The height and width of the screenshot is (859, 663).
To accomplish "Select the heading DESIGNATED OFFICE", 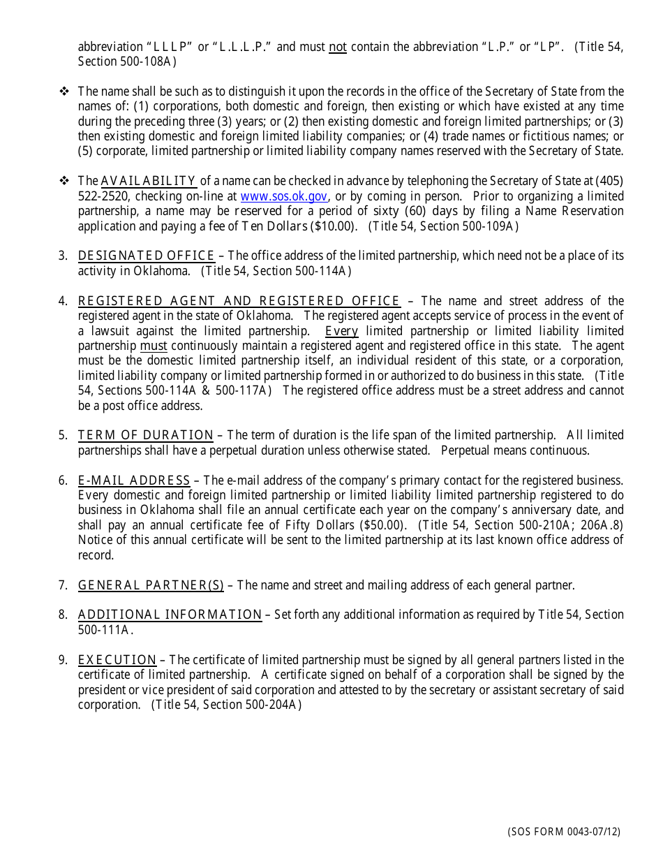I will (x=146, y=256).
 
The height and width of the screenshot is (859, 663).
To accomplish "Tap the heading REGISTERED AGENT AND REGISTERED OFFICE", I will (x=239, y=301).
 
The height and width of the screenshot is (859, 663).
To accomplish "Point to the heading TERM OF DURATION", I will (x=145, y=435).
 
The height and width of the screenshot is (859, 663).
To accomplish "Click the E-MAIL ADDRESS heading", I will (x=134, y=480).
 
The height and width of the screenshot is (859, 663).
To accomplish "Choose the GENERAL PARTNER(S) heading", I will (x=151, y=585).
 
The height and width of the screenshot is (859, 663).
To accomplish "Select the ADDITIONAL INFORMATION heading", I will (x=170, y=615).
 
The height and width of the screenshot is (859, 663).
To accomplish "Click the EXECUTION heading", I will (x=117, y=660).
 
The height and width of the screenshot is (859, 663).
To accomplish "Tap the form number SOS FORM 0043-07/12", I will (x=564, y=832).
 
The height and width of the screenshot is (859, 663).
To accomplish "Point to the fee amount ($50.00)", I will (x=383, y=525).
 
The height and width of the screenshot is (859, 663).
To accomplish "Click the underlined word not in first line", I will (x=338, y=47).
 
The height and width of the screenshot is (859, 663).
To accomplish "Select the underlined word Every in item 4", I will (x=341, y=331).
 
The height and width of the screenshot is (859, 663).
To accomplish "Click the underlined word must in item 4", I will (x=153, y=346).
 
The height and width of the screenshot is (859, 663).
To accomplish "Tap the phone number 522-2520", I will (x=102, y=196).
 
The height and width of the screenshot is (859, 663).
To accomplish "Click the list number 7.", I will (x=63, y=585).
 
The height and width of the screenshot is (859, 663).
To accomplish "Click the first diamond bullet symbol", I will (x=64, y=91).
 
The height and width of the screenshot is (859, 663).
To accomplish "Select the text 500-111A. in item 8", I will (x=105, y=630).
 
